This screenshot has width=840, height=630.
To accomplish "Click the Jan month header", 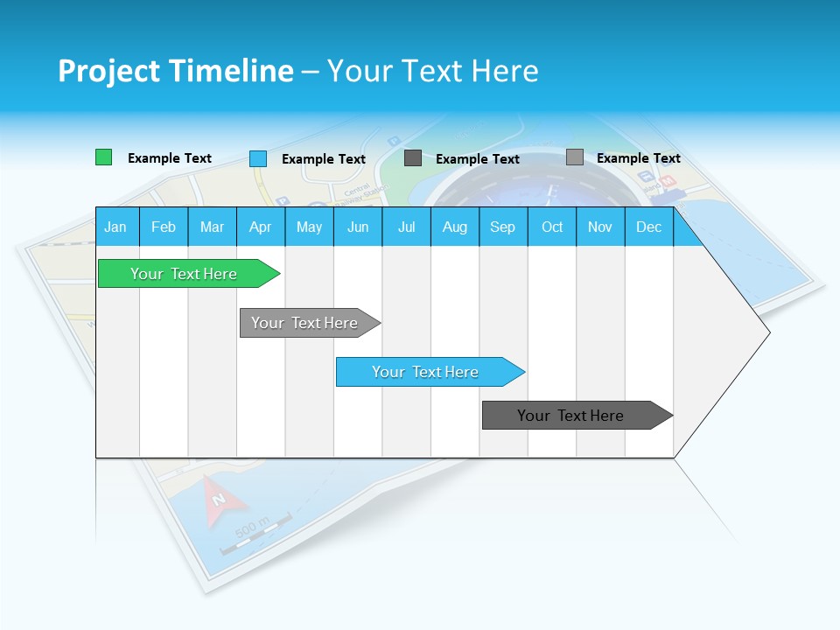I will pos(116,227).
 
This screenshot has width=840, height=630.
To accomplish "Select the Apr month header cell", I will pos(260,227).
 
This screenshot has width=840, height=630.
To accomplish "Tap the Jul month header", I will pos(406,227).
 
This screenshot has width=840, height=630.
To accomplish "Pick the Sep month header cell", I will pos(502,227).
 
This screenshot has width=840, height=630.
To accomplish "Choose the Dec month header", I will pos(648,227).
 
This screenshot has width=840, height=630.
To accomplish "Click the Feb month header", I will pos(164,227).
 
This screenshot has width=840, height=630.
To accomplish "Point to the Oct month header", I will pos(552,227).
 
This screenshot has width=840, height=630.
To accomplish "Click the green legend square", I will pos(103,157).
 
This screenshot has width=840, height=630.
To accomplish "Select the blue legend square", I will pos(258,158).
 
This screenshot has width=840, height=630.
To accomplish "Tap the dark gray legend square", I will pos(413,158).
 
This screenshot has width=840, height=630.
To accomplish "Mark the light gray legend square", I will pos(574,157).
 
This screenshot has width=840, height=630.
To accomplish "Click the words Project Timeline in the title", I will pos(175,71).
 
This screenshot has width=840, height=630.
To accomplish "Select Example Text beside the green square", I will pos(170,158).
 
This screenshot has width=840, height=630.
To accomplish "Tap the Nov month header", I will pos(600,227).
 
